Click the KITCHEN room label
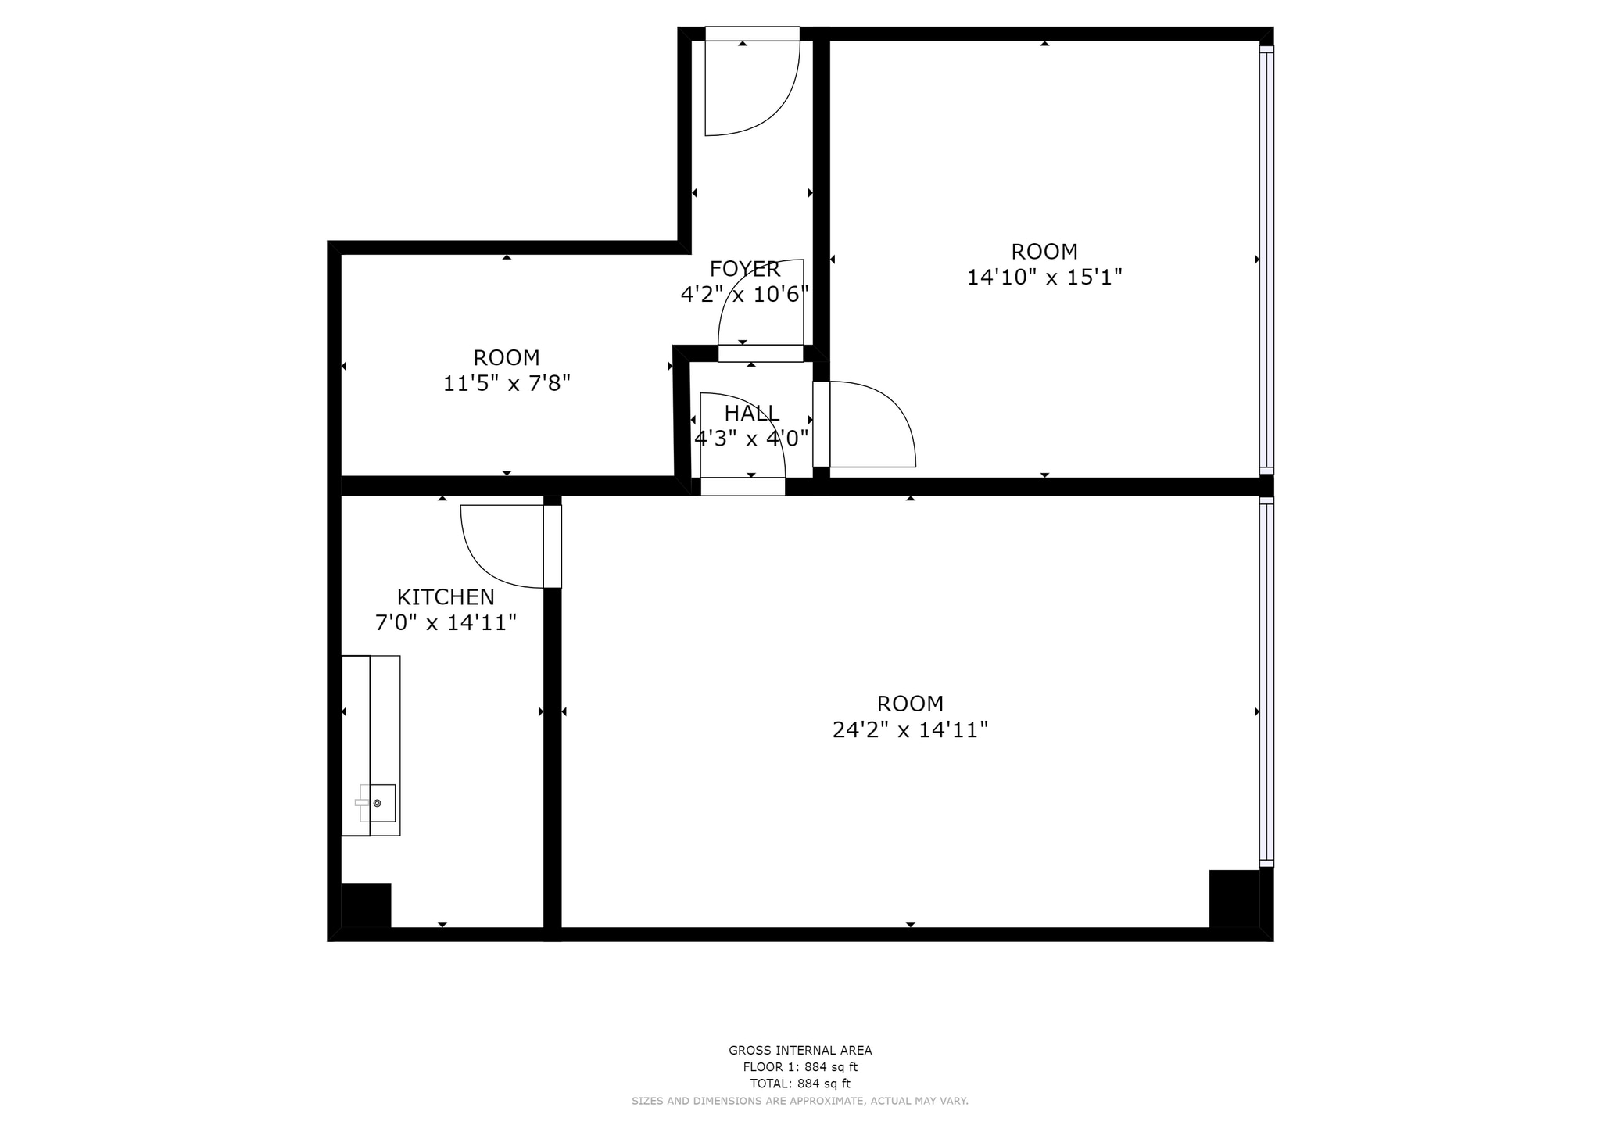coord(446,597)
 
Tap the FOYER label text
coord(744,269)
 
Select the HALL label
coord(751,413)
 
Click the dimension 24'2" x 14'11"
coord(910,730)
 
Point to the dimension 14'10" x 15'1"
coord(1044,278)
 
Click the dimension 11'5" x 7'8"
coord(507,384)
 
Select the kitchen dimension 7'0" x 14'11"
coord(446,623)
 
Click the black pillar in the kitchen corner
coord(366,905)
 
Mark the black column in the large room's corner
coord(1234,898)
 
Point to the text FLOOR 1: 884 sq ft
coord(800,1067)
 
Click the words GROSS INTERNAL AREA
coord(800,1051)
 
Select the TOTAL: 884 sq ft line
coord(800,1084)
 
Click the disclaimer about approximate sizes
coord(800,1101)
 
